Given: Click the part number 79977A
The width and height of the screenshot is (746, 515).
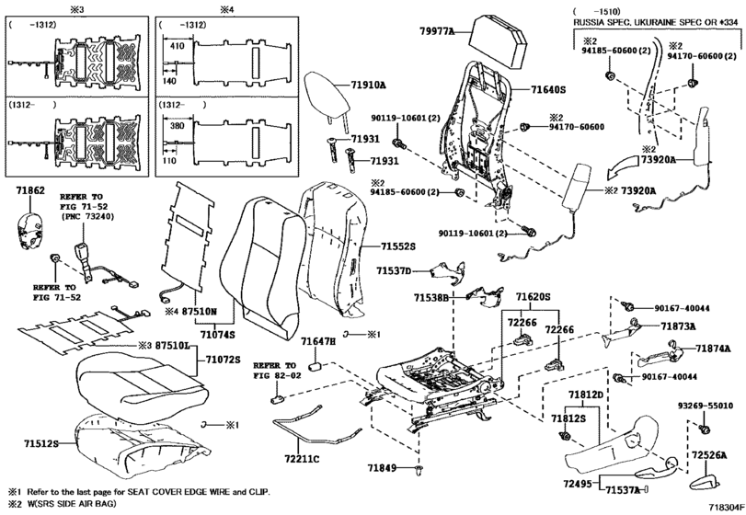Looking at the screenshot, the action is (436, 31).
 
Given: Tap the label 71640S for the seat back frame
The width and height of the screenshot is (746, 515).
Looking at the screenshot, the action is (548, 89).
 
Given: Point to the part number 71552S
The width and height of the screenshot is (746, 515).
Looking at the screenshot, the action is (397, 246).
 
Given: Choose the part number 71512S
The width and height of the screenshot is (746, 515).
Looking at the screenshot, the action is (41, 443).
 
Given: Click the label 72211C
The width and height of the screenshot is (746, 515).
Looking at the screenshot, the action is (302, 459).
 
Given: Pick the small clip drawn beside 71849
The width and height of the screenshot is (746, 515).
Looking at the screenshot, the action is (419, 470).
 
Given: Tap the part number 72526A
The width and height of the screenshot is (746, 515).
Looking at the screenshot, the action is (709, 455).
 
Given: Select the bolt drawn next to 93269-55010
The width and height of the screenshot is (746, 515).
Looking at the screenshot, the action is (704, 428).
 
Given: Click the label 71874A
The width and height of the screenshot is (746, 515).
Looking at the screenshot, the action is (713, 349).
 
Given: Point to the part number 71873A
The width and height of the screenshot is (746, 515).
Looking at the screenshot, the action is (678, 326).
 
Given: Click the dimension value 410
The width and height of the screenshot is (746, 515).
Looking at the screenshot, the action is (177, 46).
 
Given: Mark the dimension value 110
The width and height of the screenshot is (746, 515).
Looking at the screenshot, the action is (169, 160).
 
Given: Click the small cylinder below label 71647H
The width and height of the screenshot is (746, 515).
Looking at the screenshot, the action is (315, 367).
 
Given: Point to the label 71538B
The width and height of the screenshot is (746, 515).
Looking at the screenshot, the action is (431, 298).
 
